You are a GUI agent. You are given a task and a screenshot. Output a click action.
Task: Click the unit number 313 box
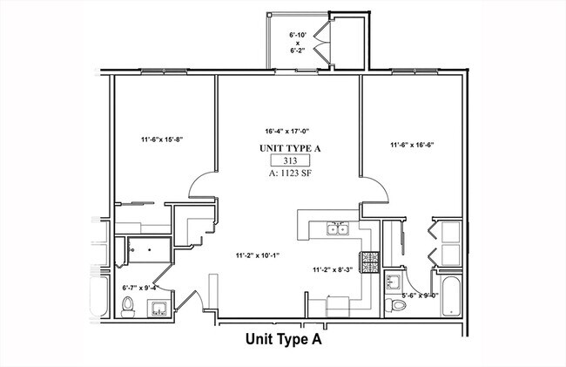click(290, 161)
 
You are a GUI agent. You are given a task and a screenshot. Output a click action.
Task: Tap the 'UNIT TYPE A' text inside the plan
click(290, 149)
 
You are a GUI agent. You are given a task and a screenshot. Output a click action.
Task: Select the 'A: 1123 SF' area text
click(290, 173)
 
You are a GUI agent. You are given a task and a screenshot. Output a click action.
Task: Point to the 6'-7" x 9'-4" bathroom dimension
click(140, 286)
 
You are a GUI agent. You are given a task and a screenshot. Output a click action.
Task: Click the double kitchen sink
click(338, 230)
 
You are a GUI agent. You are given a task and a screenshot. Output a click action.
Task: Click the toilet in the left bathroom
click(128, 306)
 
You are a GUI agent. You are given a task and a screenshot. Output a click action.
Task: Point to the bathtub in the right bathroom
click(451, 297)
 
